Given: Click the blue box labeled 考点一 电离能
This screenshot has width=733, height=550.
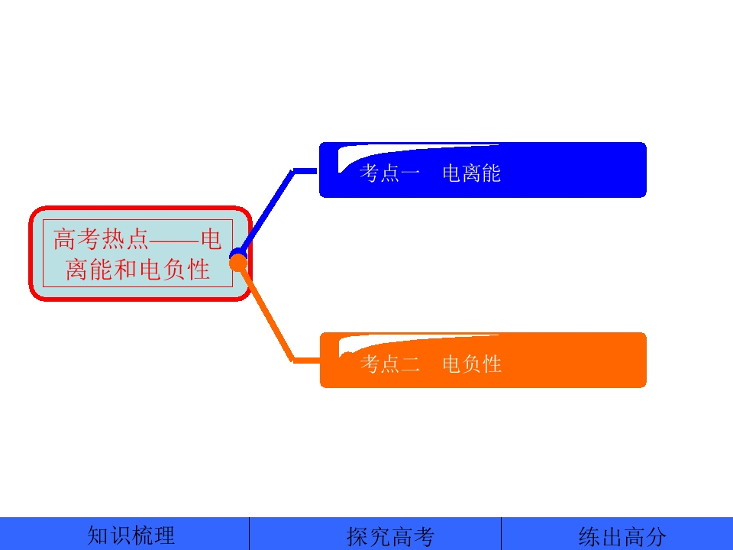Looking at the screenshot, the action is click(483, 170).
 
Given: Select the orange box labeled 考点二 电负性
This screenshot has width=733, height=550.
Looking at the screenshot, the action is click(483, 360).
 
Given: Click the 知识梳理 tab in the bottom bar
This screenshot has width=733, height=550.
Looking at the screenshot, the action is click(131, 535).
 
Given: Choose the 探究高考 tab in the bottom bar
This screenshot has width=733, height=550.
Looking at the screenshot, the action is click(390, 536).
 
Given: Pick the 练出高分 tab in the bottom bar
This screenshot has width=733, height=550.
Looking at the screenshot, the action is click(622, 536).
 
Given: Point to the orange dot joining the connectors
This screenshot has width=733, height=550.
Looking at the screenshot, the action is click(238, 263).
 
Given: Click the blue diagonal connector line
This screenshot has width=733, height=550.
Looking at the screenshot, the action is click(266, 212).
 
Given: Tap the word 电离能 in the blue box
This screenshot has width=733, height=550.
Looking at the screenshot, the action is click(471, 173).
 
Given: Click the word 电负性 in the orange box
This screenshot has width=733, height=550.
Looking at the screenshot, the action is click(472, 364).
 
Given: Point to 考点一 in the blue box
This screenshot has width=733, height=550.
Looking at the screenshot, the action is click(389, 173).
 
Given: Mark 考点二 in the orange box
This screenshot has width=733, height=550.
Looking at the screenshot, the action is click(390, 364).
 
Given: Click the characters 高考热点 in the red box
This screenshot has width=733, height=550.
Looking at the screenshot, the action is click(101, 239).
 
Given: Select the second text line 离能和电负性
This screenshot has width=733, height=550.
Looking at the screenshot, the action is click(137, 270).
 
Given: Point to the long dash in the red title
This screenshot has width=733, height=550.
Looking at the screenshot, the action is click(175, 241).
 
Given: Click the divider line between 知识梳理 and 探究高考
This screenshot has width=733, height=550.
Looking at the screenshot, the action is click(249, 534).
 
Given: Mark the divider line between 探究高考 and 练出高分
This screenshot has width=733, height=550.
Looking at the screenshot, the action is click(501, 534).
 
